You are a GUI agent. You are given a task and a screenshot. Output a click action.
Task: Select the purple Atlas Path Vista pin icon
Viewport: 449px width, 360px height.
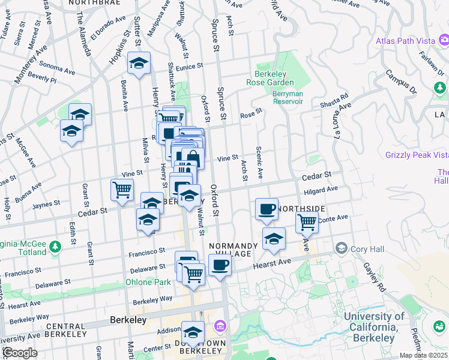[x=444, y=41]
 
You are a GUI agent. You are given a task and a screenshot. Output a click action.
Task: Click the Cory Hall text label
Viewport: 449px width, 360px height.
[x=364, y=248]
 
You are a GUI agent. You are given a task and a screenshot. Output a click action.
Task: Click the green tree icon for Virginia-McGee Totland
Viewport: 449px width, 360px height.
[x=55, y=247]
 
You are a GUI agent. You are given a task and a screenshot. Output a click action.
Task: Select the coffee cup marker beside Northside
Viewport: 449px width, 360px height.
[x=267, y=209]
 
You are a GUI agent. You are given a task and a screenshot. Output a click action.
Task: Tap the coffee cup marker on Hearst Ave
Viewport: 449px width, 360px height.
[x=220, y=265]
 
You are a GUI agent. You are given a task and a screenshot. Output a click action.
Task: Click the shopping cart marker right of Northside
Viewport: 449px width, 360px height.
[x=307, y=222]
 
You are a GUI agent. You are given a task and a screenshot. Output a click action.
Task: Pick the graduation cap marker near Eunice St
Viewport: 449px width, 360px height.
[x=139, y=63]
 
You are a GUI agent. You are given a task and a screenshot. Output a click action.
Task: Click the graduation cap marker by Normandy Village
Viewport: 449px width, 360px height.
[x=274, y=239]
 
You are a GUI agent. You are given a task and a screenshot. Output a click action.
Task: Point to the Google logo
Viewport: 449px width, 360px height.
[x=20, y=352]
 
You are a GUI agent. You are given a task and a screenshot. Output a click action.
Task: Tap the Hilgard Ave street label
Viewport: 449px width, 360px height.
[x=321, y=191]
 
